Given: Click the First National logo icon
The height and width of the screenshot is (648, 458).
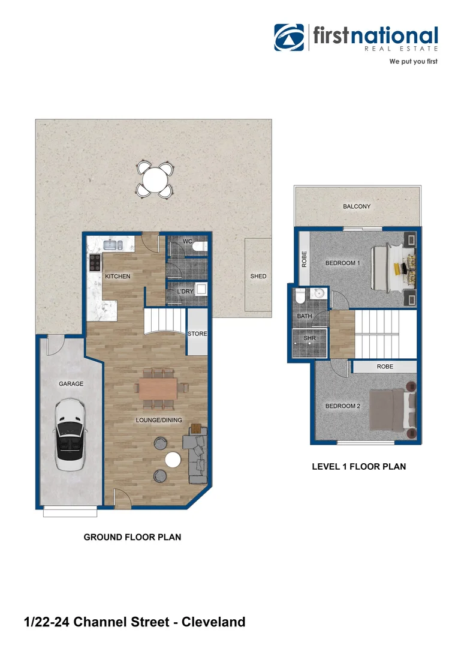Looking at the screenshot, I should [290, 38].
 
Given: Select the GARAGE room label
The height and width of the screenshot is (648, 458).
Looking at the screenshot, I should [71, 383].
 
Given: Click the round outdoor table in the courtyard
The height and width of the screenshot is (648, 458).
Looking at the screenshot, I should [155, 179].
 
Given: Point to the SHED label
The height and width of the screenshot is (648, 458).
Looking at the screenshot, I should [258, 276].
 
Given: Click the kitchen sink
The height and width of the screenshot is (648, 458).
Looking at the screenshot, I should [113, 244].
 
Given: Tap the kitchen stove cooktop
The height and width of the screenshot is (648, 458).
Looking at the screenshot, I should [95, 262].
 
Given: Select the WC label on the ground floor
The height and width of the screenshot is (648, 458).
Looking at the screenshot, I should [187, 241].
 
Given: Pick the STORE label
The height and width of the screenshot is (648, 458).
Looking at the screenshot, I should [197, 334].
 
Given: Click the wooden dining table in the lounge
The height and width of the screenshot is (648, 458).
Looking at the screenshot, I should [158, 388].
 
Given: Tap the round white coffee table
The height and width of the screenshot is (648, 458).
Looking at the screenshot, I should [173, 460].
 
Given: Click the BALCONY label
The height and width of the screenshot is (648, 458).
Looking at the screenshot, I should [357, 206].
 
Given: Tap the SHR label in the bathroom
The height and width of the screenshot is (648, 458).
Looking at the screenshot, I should [309, 338].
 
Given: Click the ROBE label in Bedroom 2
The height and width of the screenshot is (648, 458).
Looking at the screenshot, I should [385, 366].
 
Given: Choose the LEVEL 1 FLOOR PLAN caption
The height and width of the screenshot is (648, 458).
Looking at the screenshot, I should [358, 466].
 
